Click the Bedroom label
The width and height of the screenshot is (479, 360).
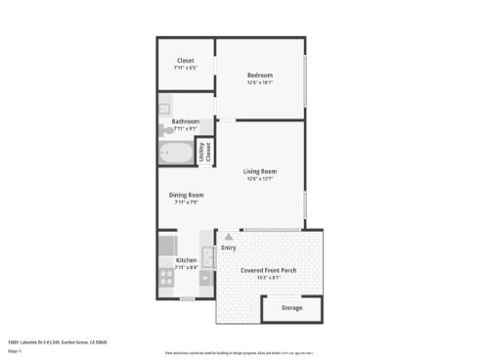pyautogui.click(x=259, y=75)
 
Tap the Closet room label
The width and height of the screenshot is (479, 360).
pyautogui.click(x=185, y=61)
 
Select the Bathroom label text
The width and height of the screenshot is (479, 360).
pyautogui.click(x=185, y=121)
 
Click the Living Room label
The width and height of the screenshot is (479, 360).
pyautogui.click(x=260, y=171)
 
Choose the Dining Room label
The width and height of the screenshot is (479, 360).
pyautogui.click(x=185, y=195)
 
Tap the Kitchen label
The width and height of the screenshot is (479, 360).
pyautogui.click(x=186, y=259)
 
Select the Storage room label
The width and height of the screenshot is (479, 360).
pyautogui.click(x=291, y=307)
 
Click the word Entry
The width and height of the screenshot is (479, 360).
pyautogui.click(x=229, y=247)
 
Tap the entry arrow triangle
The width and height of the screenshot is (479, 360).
pyautogui.click(x=228, y=236)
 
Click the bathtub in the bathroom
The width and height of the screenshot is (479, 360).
pyautogui.click(x=179, y=154)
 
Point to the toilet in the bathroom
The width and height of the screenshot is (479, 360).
pyautogui.click(x=168, y=129)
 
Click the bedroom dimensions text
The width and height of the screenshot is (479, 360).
pyautogui.click(x=259, y=83)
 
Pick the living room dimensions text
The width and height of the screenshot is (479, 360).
pyautogui.click(x=260, y=179)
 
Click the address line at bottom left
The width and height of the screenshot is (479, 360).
pyautogui.click(x=57, y=341)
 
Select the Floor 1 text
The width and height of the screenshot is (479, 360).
pyautogui.click(x=15, y=350)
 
